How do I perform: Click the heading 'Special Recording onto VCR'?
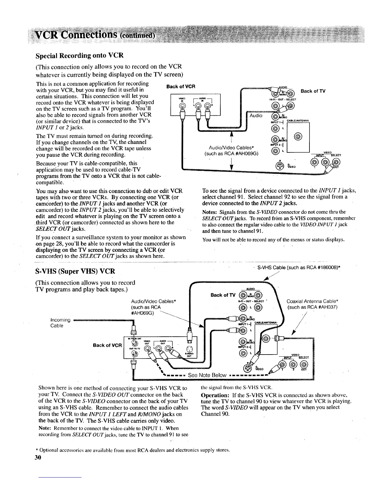coord(79,56)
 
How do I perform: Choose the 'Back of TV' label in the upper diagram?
coord(313,91)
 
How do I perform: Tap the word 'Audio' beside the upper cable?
coord(256,115)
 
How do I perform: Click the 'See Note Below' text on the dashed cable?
coord(207,375)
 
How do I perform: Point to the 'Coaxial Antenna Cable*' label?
coord(312,301)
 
